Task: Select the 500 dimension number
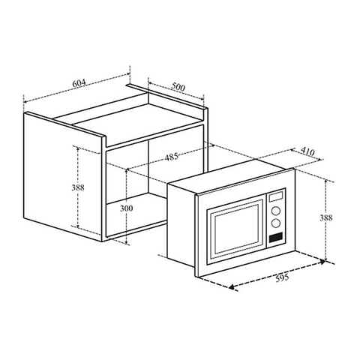click(x=178, y=86)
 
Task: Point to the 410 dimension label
click(x=306, y=150)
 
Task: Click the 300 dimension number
click(x=127, y=208)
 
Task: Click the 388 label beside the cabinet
click(x=67, y=187)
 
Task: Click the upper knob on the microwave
click(x=275, y=210)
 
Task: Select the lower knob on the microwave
click(x=275, y=223)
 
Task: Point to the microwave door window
click(x=233, y=231)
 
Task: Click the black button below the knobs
click(x=275, y=238)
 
